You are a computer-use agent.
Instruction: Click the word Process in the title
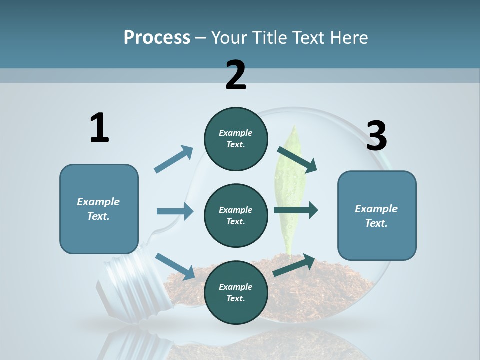157,38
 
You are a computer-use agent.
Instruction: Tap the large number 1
99,128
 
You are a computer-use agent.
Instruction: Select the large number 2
236,75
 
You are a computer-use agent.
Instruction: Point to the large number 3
376,136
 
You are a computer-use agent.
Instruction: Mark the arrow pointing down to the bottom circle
175,266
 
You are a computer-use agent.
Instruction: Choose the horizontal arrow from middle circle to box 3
296,210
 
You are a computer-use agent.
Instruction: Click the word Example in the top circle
236,133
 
